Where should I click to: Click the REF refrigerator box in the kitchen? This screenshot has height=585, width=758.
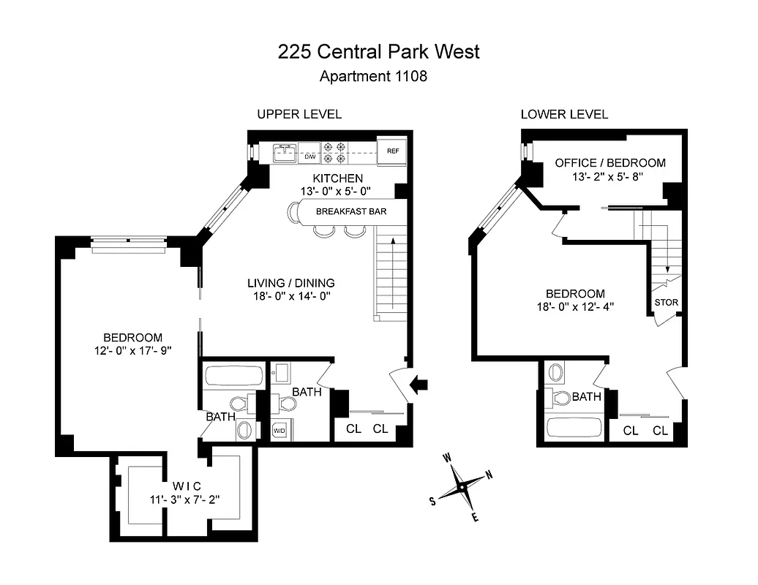pos(392,151)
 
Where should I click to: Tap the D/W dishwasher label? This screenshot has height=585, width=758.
pos(309,156)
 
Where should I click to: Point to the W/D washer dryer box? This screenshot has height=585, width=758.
pos(279,430)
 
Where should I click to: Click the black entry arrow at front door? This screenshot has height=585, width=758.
pos(421,384)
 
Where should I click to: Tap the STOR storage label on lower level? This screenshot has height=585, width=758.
pos(666,302)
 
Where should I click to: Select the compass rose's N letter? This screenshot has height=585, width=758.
pos(489,475)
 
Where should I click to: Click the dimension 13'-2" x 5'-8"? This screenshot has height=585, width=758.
pos(610,177)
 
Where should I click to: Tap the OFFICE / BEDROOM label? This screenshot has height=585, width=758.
pos(610,162)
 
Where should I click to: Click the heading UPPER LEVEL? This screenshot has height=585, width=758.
pos(299,115)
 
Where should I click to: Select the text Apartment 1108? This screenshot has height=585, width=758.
pos(373,75)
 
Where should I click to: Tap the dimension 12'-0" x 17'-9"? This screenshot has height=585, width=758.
pos(132,352)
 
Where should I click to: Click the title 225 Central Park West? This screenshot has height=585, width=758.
pos(378,51)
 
